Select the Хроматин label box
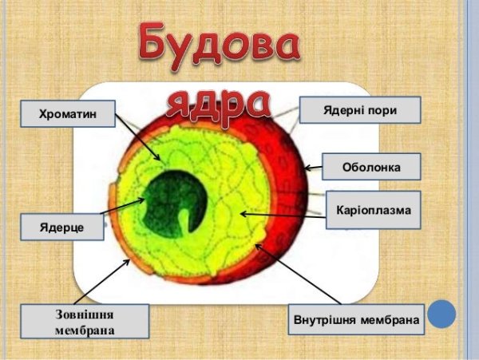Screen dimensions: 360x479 pos(67,114)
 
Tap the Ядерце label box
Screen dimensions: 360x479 pos(62,227)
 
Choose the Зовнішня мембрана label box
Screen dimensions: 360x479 pos(84,321)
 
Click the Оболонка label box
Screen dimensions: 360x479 pos(370,168)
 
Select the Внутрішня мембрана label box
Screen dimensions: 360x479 pos(354,321)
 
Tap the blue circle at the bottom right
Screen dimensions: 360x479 pos(441,314)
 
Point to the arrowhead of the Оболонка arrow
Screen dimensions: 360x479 pos(307,168)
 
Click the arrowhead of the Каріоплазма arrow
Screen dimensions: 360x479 pos(243,214)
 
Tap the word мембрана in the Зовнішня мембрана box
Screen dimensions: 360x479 pos(84,329)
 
